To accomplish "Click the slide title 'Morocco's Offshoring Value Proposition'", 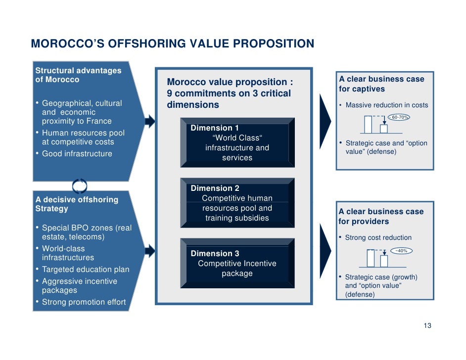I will coord(172,44).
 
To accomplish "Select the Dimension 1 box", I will coord(237,143).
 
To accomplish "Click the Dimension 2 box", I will coord(237,203).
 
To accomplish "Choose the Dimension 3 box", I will coord(237,264).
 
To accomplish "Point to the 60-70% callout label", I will coord(400,117).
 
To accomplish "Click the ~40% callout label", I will coord(401,251).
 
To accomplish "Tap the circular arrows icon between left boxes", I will coord(80,186).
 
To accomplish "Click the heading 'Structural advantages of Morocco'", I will coord(78,75).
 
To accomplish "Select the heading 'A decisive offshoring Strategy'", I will coord(77,204).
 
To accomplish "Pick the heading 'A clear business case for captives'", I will coord(381,84).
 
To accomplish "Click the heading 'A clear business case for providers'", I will coord(381,217).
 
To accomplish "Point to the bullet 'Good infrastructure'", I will coord(77,154).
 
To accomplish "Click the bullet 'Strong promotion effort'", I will coord(84,302).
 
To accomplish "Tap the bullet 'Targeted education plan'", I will coord(86,270).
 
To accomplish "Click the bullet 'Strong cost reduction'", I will coord(378,237).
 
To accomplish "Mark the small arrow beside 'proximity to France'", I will coord(150,121).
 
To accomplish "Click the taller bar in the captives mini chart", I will coord(368,124).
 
